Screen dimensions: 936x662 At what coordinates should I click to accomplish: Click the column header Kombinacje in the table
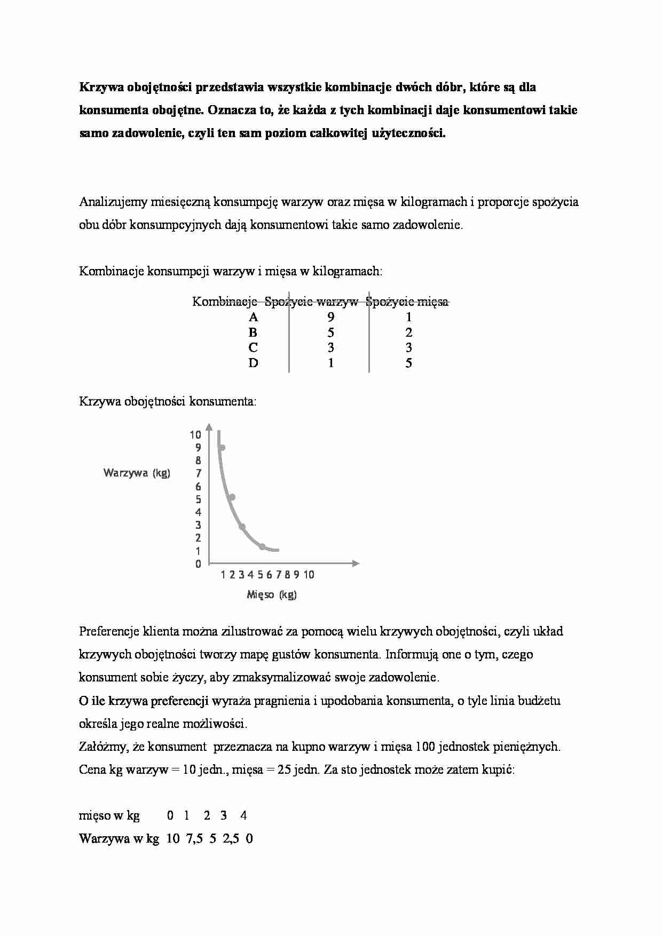point(225,302)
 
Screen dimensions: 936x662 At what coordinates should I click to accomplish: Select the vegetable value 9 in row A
point(331,318)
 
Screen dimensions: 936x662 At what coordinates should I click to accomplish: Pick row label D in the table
point(253,363)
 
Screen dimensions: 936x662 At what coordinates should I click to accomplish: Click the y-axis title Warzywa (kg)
point(137,473)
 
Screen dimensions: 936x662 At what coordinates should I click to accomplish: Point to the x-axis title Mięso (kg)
point(272,594)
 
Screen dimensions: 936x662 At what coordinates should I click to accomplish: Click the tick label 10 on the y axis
point(195,435)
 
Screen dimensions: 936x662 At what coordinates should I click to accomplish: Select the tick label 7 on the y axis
point(199,473)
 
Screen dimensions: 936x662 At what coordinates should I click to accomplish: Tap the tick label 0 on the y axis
point(199,564)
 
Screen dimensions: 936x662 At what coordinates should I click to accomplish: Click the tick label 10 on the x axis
point(309,575)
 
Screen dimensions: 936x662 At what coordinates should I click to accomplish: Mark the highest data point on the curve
point(222,448)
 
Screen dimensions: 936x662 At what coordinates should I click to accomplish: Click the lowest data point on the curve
point(262,546)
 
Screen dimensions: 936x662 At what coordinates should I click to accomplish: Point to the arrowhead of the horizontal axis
point(356,563)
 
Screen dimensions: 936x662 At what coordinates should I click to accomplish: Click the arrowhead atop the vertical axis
point(209,427)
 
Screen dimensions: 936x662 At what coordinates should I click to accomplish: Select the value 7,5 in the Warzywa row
point(194,839)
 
